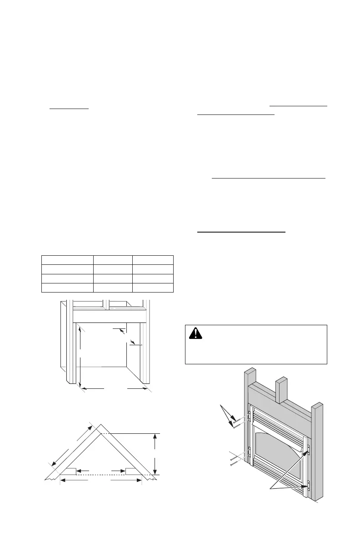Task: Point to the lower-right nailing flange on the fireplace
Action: [x=308, y=486]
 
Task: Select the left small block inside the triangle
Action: [x=69, y=471]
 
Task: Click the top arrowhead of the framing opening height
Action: [x=80, y=328]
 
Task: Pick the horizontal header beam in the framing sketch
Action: [x=109, y=316]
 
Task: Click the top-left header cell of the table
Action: [x=67, y=259]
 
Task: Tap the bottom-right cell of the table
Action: [x=153, y=287]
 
